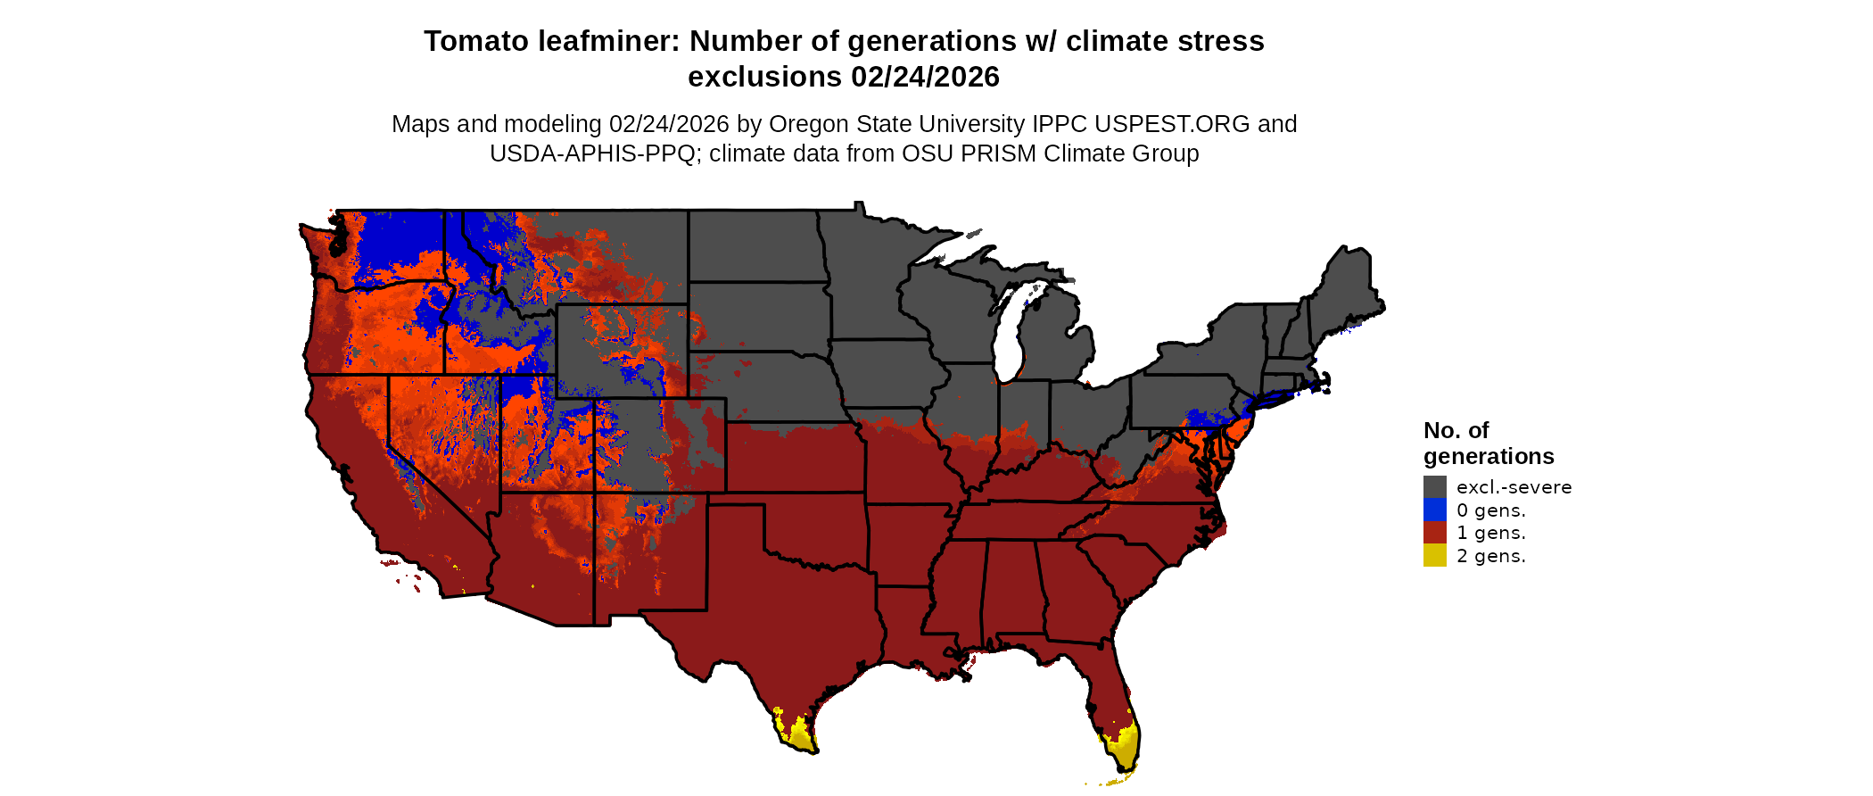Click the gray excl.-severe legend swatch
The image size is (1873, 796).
point(1434,486)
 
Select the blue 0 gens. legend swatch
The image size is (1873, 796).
point(1434,510)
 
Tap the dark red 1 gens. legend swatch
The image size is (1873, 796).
point(1434,533)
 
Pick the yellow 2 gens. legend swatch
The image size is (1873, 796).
point(1434,555)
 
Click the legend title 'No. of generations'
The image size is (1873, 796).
point(1488,444)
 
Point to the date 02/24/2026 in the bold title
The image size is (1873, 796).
point(925,77)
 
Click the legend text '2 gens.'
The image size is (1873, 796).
point(1490,556)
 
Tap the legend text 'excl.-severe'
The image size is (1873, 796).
point(1514,487)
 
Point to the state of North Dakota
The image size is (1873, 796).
point(754,245)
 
